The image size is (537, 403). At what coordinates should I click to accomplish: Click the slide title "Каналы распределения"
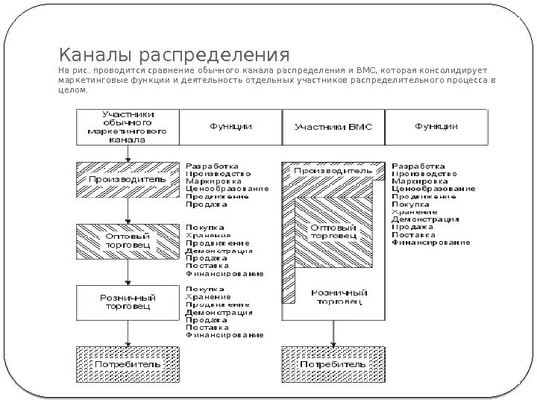point(174,56)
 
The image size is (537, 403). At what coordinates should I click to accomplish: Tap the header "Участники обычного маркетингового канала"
point(128,127)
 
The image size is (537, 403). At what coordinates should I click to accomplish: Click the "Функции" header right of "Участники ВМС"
point(436,127)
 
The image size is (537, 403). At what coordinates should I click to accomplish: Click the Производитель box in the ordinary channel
point(128,180)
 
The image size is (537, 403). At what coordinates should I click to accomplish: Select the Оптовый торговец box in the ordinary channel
point(128,239)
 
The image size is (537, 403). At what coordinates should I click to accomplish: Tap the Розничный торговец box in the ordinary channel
point(128,301)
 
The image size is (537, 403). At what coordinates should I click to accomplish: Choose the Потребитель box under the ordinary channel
point(128,363)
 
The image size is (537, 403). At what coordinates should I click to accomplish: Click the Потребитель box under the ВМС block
point(332,363)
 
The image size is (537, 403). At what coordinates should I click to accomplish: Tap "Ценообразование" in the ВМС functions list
point(434,188)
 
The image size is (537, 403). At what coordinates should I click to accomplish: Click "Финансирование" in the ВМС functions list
point(431,243)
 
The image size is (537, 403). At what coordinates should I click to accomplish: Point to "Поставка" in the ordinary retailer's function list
point(203,327)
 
